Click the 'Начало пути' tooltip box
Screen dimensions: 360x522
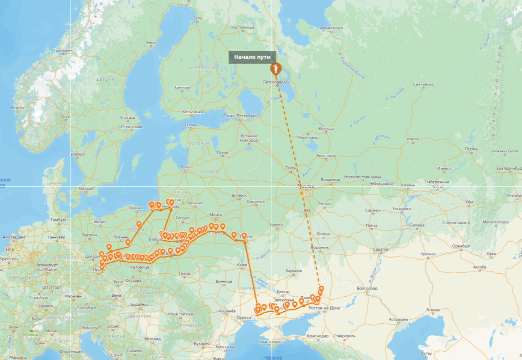pos(252,57)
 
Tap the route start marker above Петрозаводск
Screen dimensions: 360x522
pos(276,69)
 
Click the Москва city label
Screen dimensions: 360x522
pos(306,186)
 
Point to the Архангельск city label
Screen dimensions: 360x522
pos(332,28)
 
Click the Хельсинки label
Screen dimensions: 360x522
pos(193,112)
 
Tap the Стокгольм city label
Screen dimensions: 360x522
pos(131,127)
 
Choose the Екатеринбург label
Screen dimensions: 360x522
pos(504,168)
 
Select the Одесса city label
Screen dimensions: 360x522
pos(244,317)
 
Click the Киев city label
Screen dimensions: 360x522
pos(242,266)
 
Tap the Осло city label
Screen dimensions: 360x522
pos(65,116)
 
